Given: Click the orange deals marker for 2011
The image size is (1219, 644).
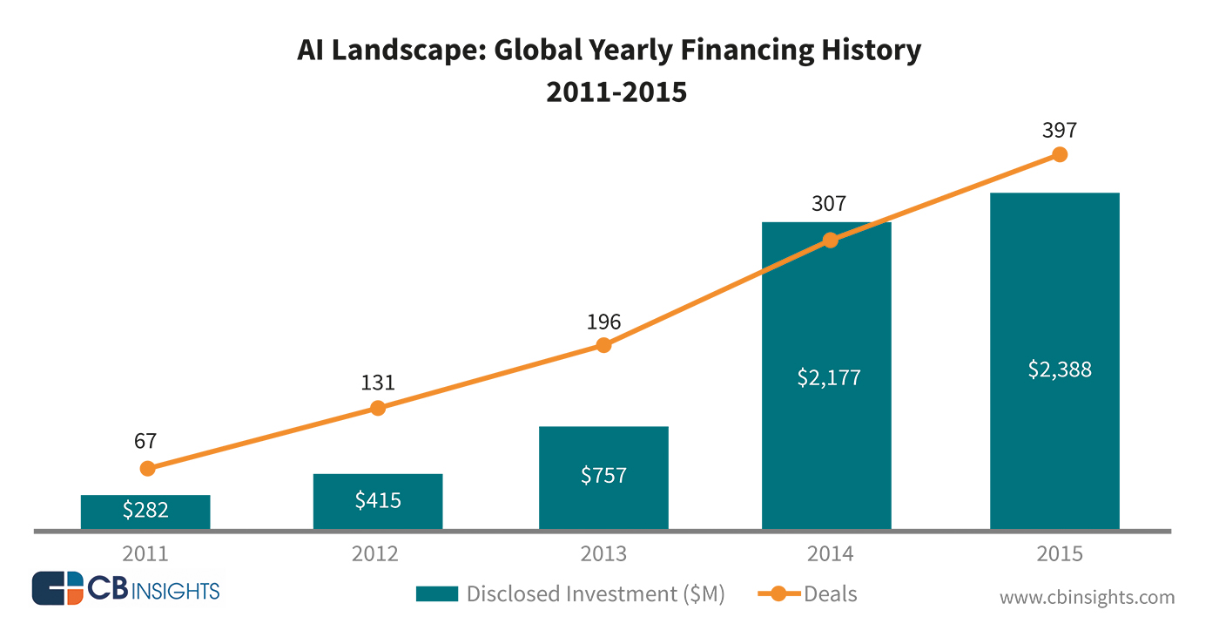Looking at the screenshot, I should tap(147, 468).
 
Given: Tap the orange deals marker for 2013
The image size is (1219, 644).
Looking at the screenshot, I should tap(603, 345).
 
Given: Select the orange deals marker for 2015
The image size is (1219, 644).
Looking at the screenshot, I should tap(1059, 154).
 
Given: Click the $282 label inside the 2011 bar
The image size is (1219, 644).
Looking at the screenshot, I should tap(145, 511).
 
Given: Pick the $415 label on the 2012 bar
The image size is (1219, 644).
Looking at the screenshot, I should tap(378, 500).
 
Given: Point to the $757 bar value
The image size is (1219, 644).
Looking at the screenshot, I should tap(603, 476).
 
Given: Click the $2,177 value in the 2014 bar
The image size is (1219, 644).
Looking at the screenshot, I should tap(828, 378).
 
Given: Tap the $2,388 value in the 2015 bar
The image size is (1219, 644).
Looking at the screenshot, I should tap(1054, 369).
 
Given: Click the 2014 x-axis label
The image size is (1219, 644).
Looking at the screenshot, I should tap(830, 554).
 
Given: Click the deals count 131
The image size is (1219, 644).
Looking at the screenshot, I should tap(378, 383).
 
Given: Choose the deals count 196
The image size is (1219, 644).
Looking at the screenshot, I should tap(603, 322).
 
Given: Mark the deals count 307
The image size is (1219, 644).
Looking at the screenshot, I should tap(828, 204).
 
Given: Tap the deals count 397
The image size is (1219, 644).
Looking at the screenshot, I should tap(1059, 131).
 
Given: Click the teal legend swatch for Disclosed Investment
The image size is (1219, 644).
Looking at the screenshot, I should tap(436, 594).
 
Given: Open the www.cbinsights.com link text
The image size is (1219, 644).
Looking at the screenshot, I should tap(1087, 598).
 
